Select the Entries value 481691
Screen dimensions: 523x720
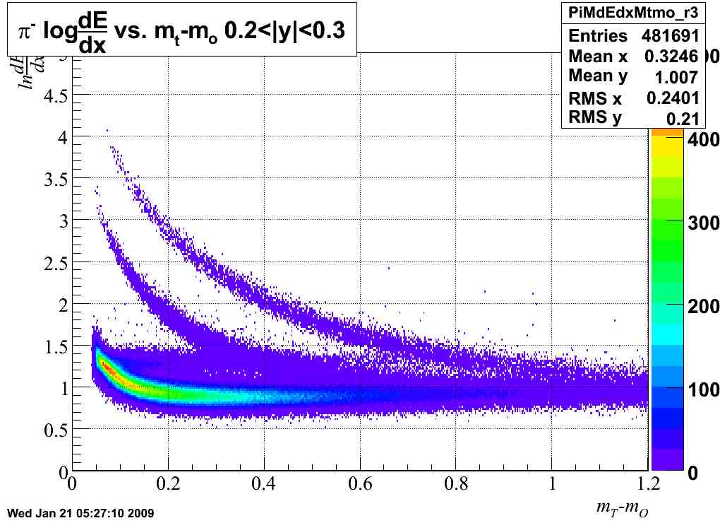(670, 36)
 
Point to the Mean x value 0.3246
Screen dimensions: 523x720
(671, 56)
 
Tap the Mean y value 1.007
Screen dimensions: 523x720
(676, 76)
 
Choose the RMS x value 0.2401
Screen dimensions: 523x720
(672, 98)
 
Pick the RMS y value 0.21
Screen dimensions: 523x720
(683, 118)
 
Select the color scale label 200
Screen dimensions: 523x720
(703, 307)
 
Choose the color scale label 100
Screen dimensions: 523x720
(703, 390)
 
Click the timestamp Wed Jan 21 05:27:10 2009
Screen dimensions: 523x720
(80, 512)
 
